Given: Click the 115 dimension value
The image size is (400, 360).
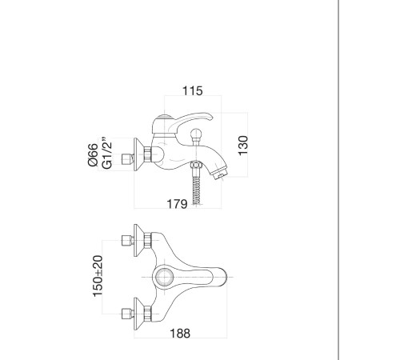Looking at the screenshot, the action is point(192,91).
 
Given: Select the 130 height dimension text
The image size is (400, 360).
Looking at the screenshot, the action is point(243,146).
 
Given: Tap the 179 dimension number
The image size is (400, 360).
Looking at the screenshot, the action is point(177,204).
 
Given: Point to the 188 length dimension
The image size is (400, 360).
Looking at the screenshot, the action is point(180,334).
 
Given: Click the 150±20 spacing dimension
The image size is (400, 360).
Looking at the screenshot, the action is point(98,276).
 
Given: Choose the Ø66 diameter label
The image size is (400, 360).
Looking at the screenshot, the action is point(93,154).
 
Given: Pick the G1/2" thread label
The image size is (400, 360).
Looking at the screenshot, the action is point(107,154).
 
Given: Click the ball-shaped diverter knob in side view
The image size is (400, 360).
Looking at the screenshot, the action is point(197,134).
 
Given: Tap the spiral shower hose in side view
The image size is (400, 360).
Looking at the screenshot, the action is point(197,190).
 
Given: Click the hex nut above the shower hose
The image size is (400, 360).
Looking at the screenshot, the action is point(196,165).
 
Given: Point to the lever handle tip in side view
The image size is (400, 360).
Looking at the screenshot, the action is point(210,116).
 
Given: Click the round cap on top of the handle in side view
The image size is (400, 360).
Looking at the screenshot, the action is point(164,117).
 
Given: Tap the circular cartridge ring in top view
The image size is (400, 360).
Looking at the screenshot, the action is point(164,278).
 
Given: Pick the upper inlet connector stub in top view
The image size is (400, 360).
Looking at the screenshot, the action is point(127,241).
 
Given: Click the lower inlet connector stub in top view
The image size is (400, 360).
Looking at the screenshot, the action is point(127,314).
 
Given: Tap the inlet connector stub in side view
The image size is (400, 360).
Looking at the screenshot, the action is point(127,159).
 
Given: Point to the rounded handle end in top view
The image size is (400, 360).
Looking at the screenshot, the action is point(223,278).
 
